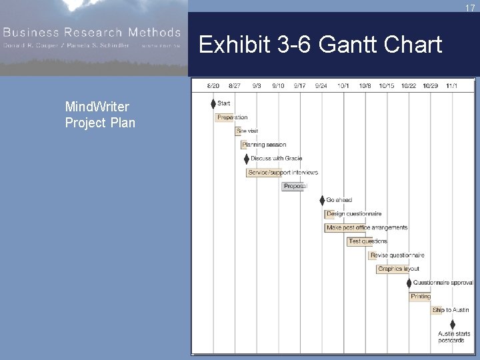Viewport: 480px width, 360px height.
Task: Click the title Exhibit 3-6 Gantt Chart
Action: pyautogui.click(x=320, y=45)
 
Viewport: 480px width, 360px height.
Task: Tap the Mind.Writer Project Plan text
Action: pyautogui.click(x=99, y=115)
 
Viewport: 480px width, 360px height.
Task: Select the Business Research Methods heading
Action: pyautogui.click(x=91, y=32)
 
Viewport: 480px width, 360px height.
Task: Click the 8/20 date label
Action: pyautogui.click(x=213, y=85)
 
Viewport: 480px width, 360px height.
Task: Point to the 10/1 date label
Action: pyautogui.click(x=343, y=85)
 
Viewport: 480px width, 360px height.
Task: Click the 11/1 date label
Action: pyautogui.click(x=451, y=85)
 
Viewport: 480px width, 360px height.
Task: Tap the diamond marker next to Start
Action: pyautogui.click(x=213, y=103)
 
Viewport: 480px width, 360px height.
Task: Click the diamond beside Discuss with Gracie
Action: pyautogui.click(x=247, y=159)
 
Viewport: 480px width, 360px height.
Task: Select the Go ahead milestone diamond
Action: pyautogui.click(x=322, y=200)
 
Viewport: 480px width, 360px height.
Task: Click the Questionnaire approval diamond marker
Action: pyautogui.click(x=409, y=283)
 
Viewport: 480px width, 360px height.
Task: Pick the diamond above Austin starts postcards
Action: pyautogui.click(x=453, y=324)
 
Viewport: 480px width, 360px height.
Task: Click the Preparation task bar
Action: pyautogui.click(x=225, y=117)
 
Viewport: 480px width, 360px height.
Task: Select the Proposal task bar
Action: pyautogui.click(x=293, y=187)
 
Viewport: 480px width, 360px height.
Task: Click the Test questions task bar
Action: pyautogui.click(x=359, y=241)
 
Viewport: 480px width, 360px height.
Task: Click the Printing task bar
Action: pyautogui.click(x=420, y=297)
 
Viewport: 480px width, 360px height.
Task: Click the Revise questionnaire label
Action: pyautogui.click(x=397, y=255)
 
